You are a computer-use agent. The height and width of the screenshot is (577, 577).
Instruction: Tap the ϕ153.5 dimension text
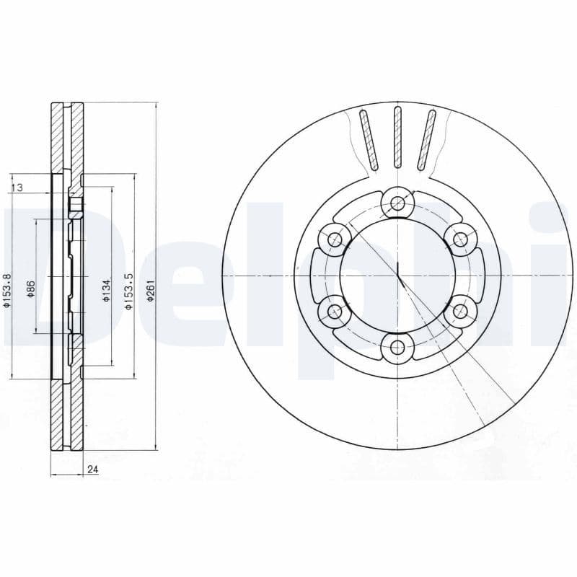pos(128,291)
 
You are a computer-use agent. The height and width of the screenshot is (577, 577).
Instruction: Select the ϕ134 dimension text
pos(106,289)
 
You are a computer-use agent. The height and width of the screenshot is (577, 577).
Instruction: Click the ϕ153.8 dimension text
pos(6,291)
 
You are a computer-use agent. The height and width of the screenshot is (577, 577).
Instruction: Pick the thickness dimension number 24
pos(92,470)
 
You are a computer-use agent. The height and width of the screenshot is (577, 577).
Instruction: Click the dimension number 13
pos(17,188)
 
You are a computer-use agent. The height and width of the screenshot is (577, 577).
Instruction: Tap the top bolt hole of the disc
pos(396,203)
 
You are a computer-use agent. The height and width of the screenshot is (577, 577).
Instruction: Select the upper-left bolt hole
pos(333,239)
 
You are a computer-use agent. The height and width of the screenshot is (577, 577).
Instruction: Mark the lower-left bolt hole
pos(333,312)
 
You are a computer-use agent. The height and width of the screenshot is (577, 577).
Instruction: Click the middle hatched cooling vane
pos(397,137)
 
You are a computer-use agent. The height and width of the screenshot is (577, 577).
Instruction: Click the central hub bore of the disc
pos(396,276)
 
